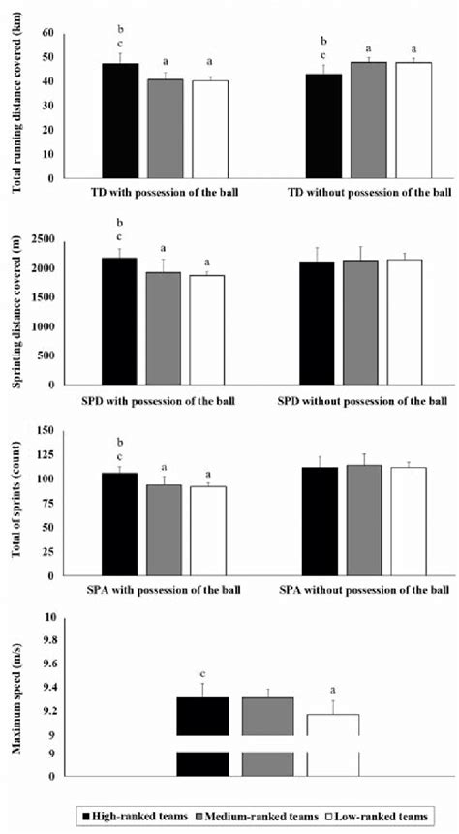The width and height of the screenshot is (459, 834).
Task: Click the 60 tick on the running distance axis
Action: tap(46, 33)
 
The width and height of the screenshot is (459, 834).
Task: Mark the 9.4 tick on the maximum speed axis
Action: tap(45, 687)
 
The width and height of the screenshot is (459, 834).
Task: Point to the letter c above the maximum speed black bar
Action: tap(202, 673)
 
